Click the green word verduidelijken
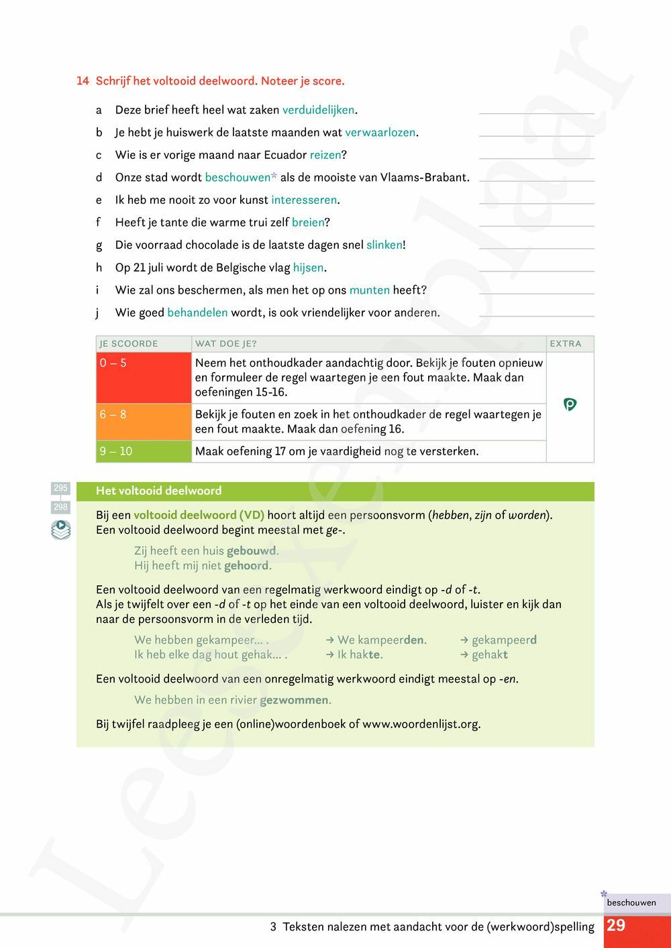tap(318, 110)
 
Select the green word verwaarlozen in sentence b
tap(380, 133)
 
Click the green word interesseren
tap(304, 200)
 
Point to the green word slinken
tap(384, 245)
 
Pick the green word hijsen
tap(308, 268)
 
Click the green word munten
tap(369, 290)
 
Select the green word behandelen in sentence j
tap(197, 312)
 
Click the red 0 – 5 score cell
tap(144, 377)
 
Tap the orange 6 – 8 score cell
tap(144, 422)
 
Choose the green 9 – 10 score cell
tap(144, 451)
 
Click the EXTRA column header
tap(566, 344)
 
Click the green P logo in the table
tap(570, 404)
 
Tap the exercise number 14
tap(83, 81)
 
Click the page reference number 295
tap(60, 488)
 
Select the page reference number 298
tap(60, 508)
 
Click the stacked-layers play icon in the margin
tap(60, 530)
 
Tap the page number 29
tap(616, 926)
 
